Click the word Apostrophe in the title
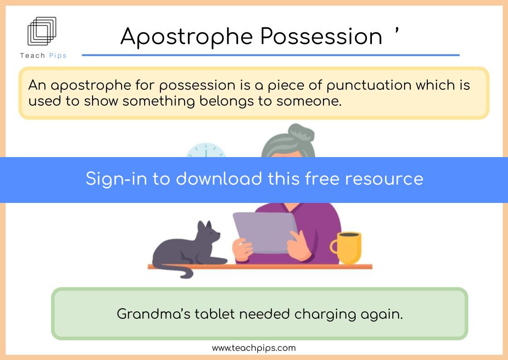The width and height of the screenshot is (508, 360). pos(186,37)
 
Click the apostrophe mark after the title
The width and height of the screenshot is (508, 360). pos(396,31)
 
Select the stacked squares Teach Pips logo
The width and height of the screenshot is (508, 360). pos(42,31)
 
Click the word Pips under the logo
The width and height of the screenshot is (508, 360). pos(58,56)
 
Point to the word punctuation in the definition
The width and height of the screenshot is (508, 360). pos(369,86)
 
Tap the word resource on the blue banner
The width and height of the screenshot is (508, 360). pos(384,179)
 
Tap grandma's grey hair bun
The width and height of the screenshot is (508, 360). pos(301,132)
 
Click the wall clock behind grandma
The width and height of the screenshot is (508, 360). pos(205,150)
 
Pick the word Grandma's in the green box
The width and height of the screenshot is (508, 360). pos(153,314)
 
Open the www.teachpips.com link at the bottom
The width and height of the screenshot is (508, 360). pos(254,348)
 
